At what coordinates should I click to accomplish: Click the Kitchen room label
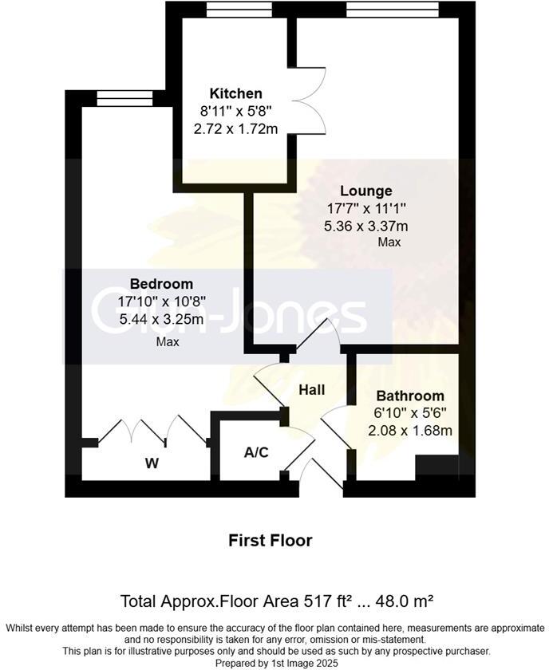tap(235, 93)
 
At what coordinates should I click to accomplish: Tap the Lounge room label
tap(365, 191)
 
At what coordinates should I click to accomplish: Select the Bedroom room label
tap(161, 284)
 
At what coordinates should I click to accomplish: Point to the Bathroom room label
tap(410, 396)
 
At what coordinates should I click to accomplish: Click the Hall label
tap(311, 389)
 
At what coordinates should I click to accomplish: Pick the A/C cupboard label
tap(256, 452)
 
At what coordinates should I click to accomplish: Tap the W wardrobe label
tap(152, 463)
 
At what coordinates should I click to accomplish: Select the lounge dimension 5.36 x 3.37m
tap(365, 226)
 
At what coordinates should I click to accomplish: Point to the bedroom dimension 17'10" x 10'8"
tap(161, 302)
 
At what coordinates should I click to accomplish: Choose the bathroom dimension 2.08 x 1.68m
tap(410, 431)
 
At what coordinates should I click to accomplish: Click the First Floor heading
tap(271, 540)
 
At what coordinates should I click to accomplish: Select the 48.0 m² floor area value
tap(407, 600)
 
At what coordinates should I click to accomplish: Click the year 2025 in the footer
tap(325, 663)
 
